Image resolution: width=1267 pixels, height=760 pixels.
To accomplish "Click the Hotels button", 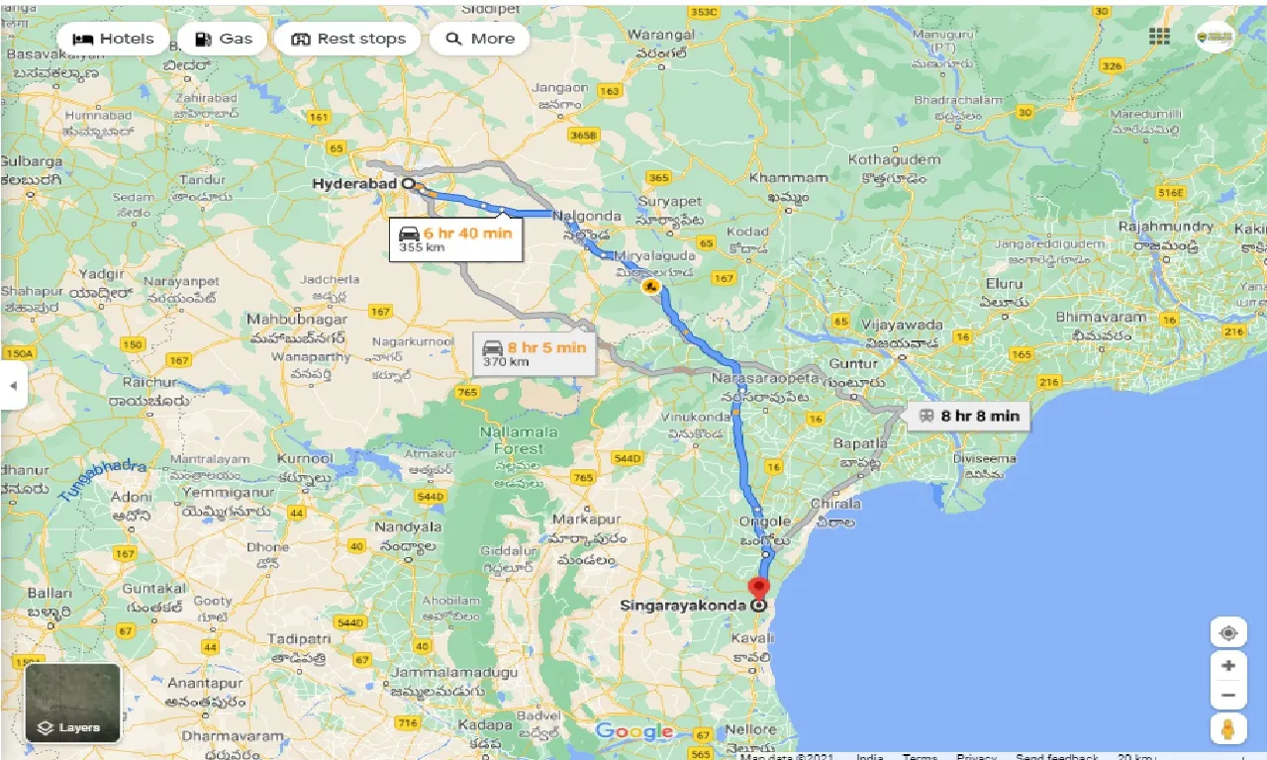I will pyautogui.click(x=114, y=39).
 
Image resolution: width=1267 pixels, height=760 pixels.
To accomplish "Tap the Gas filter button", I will pyautogui.click(x=223, y=39).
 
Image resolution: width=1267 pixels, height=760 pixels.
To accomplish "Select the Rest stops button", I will pyautogui.click(x=347, y=39).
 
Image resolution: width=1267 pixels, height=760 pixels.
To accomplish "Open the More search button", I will pyautogui.click(x=480, y=39).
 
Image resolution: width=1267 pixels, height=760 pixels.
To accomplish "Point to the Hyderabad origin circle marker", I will pyautogui.click(x=408, y=183).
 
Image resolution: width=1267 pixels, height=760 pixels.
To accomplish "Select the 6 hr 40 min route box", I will pyautogui.click(x=455, y=238).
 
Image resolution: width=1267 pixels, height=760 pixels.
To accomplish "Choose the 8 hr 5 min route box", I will pyautogui.click(x=534, y=353).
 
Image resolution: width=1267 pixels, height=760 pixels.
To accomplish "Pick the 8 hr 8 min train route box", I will pyautogui.click(x=969, y=416).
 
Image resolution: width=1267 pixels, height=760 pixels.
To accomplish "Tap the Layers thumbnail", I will pyautogui.click(x=72, y=703).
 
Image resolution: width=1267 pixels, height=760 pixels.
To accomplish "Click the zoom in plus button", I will pyautogui.click(x=1228, y=666).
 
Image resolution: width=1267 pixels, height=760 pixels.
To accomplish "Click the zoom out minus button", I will pyautogui.click(x=1228, y=697).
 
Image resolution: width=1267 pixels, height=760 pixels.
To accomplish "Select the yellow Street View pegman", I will pyautogui.click(x=1228, y=730).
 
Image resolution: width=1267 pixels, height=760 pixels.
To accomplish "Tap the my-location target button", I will pyautogui.click(x=1228, y=633).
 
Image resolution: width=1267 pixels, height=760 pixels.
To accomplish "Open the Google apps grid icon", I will pyautogui.click(x=1159, y=37).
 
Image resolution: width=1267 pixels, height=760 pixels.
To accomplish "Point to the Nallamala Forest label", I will pyautogui.click(x=519, y=439).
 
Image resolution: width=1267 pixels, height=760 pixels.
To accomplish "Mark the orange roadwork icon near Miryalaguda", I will pyautogui.click(x=650, y=287).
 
